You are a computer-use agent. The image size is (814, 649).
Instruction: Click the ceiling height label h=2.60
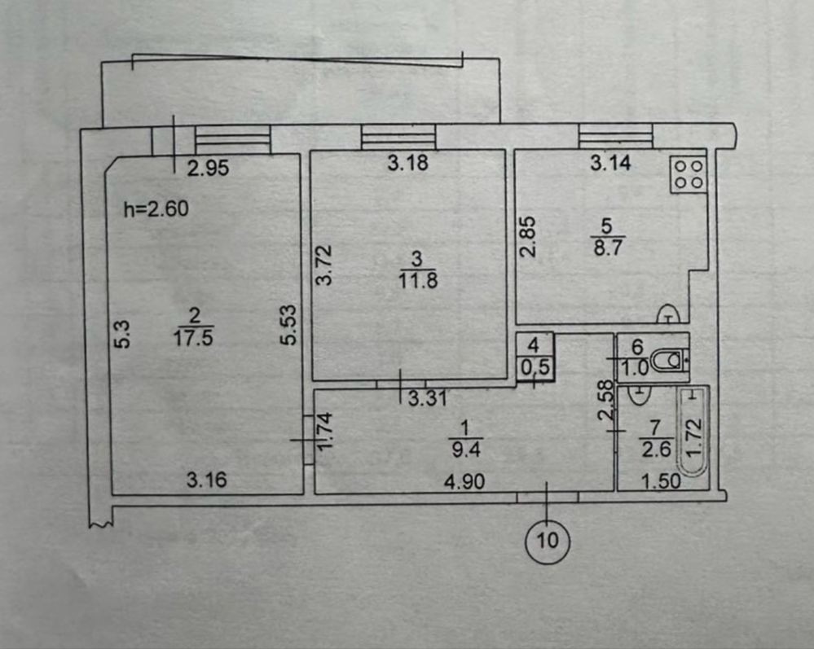156,209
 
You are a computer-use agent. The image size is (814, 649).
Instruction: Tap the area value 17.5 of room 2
193,338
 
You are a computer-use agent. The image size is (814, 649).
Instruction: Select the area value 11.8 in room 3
418,281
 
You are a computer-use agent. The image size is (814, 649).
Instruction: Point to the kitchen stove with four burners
689,175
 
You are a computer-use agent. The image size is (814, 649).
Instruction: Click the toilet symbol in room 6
670,360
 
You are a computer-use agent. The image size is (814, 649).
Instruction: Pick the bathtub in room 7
693,432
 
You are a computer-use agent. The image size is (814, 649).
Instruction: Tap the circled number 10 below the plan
548,541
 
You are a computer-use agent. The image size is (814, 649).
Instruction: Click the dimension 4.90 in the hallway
464,482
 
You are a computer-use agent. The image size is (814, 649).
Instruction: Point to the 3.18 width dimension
408,163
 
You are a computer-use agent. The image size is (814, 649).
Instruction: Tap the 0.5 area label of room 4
535,367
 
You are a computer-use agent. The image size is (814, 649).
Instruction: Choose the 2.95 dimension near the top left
208,168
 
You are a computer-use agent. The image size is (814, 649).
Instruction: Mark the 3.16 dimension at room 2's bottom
207,480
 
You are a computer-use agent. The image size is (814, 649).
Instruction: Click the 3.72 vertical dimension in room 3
324,265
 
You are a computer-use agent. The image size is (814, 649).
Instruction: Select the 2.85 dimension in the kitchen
529,237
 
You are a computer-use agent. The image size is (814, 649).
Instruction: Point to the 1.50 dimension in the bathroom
661,481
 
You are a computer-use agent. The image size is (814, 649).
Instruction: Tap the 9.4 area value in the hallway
466,449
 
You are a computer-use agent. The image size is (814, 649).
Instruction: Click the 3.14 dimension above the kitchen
610,163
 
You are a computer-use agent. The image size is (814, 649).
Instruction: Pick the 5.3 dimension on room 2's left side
121,334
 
